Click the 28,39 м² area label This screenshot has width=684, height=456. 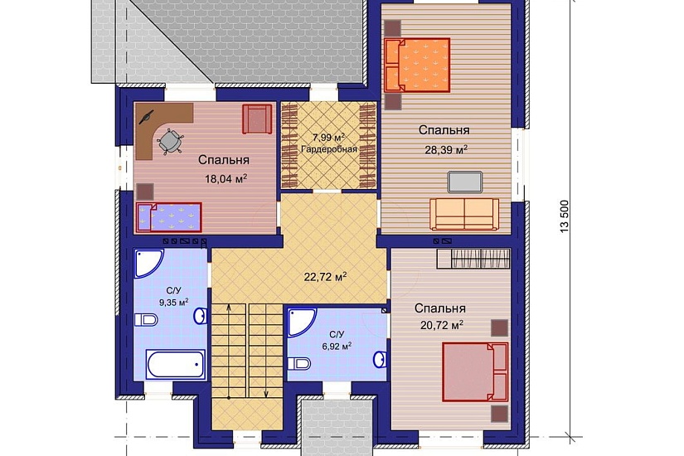(446, 150)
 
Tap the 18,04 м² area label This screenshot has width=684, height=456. (226, 178)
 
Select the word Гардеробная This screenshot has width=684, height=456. (329, 149)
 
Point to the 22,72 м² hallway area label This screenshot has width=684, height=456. (326, 277)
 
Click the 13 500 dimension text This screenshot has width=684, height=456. (565, 216)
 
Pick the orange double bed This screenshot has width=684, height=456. (417, 65)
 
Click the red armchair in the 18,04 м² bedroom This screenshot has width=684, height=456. (257, 119)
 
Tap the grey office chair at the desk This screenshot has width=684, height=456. (169, 141)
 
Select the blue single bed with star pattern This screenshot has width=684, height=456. (169, 217)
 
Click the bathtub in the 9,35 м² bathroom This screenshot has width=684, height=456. (176, 364)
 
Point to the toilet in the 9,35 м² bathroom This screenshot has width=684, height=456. (146, 320)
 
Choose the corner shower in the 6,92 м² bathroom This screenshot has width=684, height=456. (302, 323)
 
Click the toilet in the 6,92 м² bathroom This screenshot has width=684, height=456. (299, 363)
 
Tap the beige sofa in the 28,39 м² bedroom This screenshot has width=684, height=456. (464, 214)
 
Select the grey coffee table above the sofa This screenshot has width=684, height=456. (465, 182)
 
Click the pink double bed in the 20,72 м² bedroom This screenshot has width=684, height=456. (475, 371)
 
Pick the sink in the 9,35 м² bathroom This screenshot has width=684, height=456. (201, 316)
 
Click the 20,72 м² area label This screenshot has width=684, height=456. (442, 325)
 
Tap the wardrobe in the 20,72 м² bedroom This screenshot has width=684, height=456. (473, 259)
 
